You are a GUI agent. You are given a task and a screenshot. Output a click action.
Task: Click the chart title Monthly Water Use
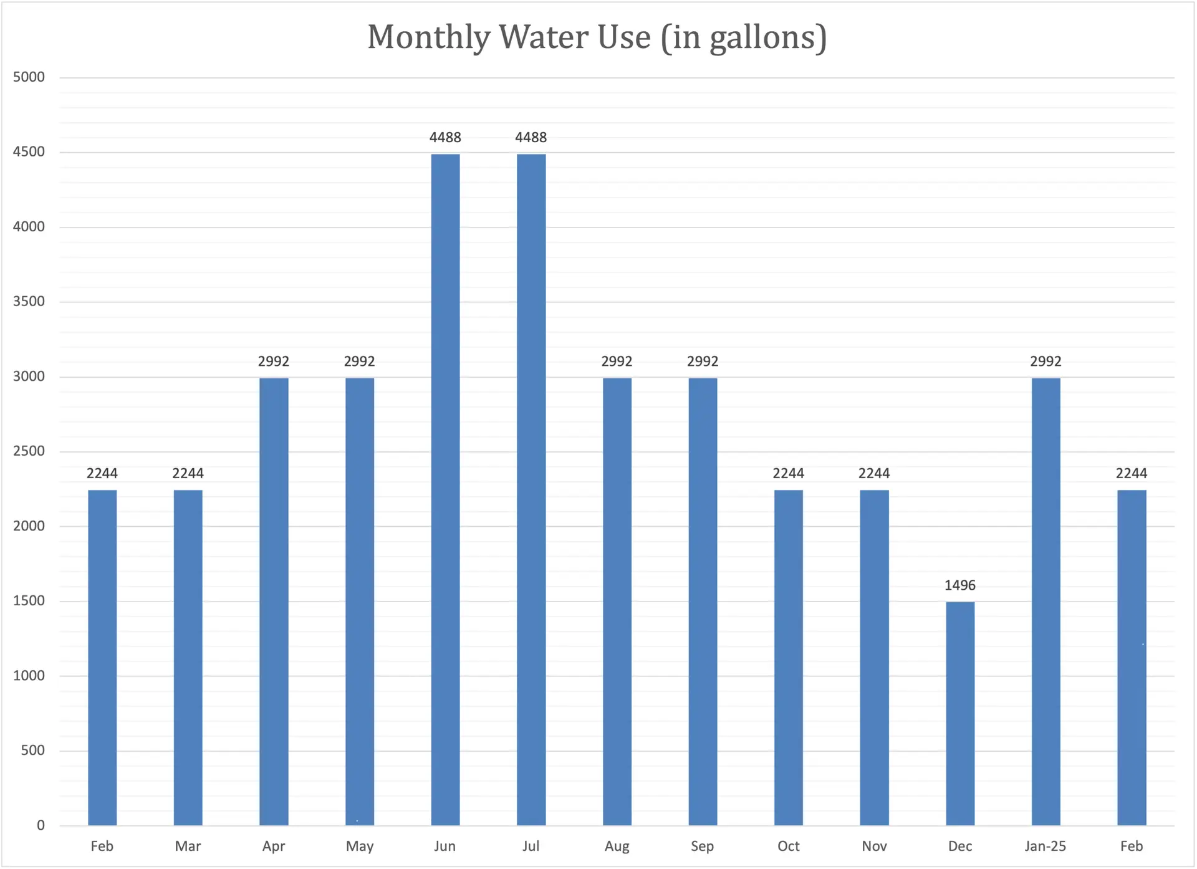[597, 37]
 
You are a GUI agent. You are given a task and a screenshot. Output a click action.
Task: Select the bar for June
[445, 489]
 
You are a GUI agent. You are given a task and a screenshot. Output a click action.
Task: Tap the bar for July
[531, 489]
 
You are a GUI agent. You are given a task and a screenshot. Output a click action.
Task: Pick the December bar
[960, 713]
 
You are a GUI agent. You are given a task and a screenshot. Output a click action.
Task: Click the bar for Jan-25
[1046, 602]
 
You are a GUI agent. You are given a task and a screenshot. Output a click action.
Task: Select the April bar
[274, 602]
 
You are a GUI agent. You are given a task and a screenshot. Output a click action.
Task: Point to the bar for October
[789, 658]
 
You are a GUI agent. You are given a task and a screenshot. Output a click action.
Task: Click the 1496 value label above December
[960, 585]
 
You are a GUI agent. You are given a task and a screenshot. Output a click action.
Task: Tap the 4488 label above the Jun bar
[445, 137]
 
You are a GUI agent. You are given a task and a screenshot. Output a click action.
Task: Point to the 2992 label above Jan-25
[1046, 362]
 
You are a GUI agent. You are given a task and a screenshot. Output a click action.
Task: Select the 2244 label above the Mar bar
[188, 474]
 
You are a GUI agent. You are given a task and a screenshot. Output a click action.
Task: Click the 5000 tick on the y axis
[29, 77]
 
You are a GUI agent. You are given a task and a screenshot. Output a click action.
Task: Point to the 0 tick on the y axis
[41, 825]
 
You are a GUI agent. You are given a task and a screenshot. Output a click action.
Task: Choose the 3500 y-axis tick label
[29, 302]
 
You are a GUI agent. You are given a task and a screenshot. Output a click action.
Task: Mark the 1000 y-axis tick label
[29, 676]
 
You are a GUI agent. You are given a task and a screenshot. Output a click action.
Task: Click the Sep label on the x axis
[702, 846]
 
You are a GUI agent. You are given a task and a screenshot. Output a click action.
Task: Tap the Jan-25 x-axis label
[1045, 846]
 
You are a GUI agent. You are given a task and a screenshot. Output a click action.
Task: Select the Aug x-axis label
[617, 846]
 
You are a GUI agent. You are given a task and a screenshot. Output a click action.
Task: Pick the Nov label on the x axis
[874, 846]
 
